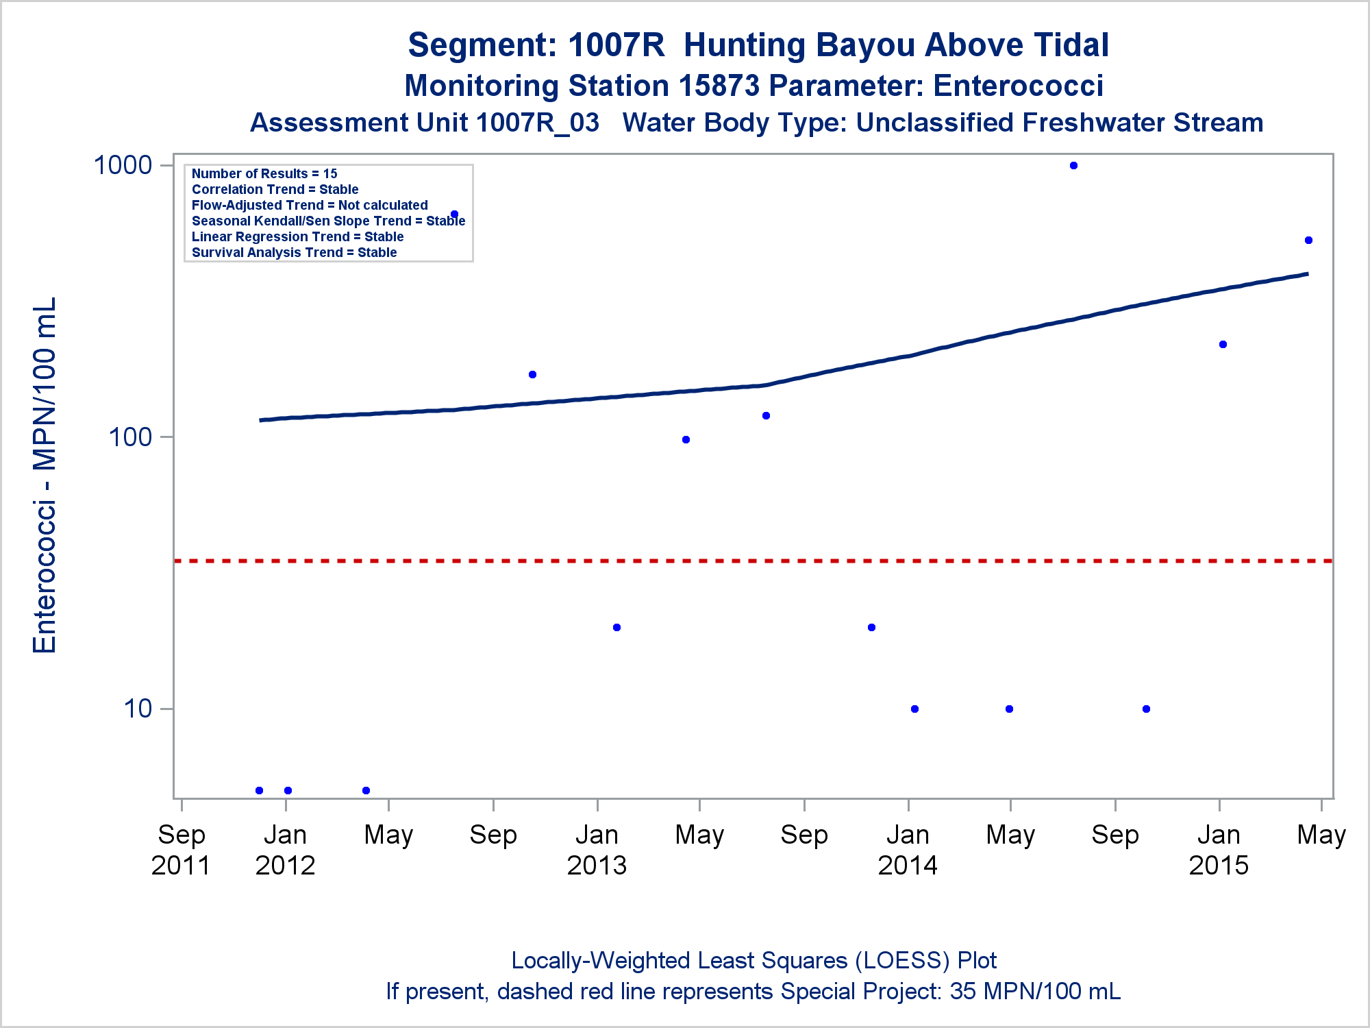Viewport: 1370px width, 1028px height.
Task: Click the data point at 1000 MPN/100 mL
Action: coord(1073,166)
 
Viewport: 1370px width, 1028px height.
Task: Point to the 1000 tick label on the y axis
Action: coord(122,165)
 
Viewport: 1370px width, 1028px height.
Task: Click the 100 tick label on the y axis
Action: coord(129,437)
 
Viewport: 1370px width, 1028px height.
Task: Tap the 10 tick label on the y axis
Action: coord(138,709)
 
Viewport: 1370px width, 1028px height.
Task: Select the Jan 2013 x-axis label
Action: coord(597,850)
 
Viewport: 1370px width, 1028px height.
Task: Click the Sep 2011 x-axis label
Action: coord(181,850)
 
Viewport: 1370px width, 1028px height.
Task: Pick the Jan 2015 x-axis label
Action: coord(1219,850)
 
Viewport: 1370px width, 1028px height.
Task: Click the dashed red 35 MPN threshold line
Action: coord(754,561)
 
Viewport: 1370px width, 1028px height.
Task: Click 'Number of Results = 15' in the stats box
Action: coord(264,173)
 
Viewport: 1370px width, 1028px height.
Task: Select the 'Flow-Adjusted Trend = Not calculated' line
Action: coord(310,205)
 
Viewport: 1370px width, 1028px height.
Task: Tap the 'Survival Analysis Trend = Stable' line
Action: coord(294,252)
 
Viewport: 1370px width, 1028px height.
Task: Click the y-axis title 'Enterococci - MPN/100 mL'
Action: coord(45,475)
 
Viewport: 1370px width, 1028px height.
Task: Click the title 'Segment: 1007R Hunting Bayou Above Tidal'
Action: coord(758,45)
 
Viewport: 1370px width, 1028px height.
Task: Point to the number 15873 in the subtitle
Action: coord(719,86)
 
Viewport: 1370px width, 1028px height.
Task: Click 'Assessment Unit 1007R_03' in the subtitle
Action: coord(425,123)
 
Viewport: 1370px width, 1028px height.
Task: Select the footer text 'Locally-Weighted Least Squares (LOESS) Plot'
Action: coord(754,960)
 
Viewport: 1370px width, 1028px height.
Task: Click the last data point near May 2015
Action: coord(1308,241)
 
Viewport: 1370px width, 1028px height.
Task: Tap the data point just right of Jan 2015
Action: coord(1223,345)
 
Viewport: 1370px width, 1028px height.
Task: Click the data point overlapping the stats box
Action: coord(454,215)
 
